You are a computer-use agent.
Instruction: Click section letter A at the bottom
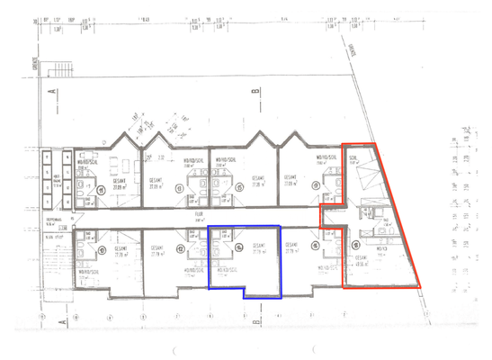(x=53, y=321)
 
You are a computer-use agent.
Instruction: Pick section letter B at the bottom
(x=255, y=321)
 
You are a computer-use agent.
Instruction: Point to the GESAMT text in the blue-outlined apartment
(x=257, y=247)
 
